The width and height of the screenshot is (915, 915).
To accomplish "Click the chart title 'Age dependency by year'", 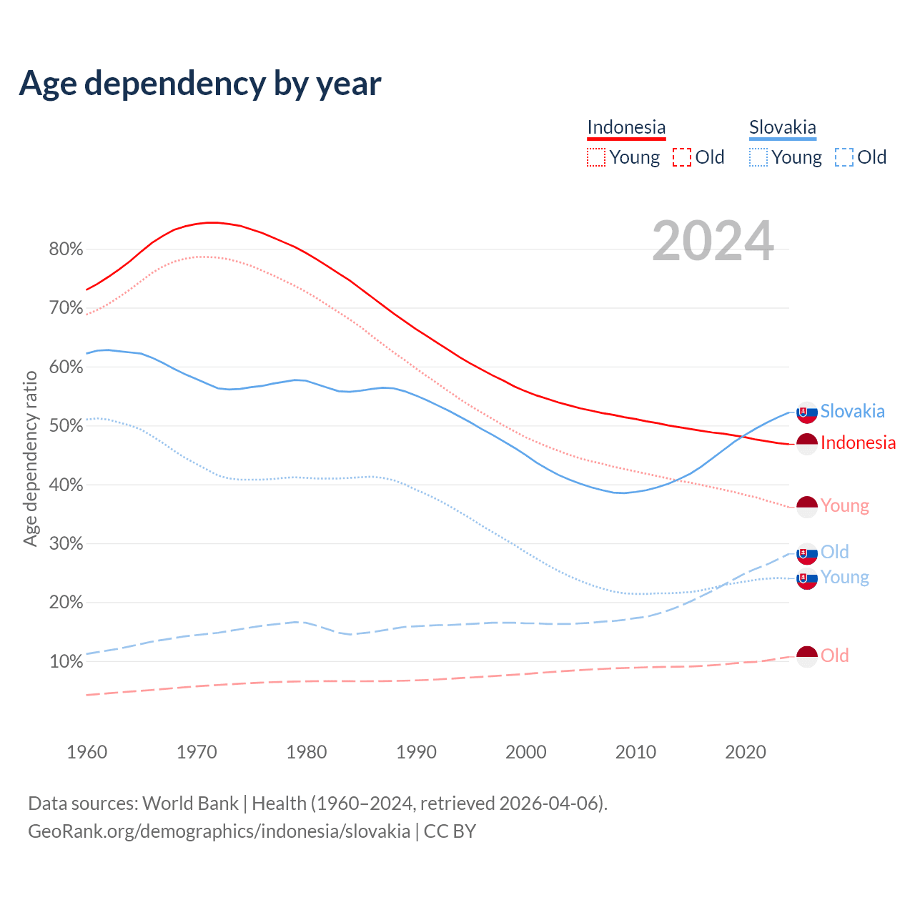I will click(x=200, y=84).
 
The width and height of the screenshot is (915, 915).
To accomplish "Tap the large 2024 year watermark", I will click(x=713, y=241).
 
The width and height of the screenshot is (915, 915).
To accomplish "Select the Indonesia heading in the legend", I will click(x=626, y=127).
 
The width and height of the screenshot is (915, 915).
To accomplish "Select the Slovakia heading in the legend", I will click(x=783, y=127).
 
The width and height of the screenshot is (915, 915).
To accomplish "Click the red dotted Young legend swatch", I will click(x=596, y=157).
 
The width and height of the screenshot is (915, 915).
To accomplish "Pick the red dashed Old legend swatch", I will click(x=682, y=157).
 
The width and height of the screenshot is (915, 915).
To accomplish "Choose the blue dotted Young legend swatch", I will click(x=758, y=157).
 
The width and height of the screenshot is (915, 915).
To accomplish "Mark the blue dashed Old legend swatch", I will click(x=844, y=157).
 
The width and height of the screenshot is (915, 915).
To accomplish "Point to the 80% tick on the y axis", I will click(x=66, y=249).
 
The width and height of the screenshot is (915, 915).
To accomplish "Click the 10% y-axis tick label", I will click(x=66, y=662).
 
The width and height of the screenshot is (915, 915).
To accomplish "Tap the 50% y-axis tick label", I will click(x=66, y=426).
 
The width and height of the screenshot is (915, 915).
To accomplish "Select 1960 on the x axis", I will click(x=87, y=752).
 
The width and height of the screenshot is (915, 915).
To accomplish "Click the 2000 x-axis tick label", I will click(x=526, y=752).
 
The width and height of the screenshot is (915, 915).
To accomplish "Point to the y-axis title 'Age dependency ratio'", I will click(x=30, y=458).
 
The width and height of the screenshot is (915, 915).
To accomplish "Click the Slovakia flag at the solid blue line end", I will click(x=807, y=412).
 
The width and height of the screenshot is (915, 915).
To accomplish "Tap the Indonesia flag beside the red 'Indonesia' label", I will click(x=807, y=444).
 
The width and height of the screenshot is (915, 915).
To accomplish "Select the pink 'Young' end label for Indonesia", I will click(x=845, y=506).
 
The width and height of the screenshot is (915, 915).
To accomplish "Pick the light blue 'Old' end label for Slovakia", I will click(x=835, y=552).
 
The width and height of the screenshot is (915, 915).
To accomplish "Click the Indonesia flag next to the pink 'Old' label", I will click(x=807, y=656).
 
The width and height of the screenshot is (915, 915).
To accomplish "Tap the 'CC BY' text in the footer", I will click(x=450, y=831).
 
